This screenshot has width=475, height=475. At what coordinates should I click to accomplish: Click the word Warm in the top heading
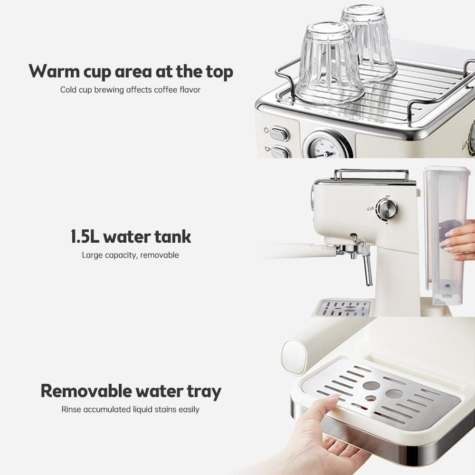(53, 72)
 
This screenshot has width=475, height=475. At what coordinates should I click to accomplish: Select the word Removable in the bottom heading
(85, 391)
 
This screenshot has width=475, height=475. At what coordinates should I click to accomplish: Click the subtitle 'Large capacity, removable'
(130, 255)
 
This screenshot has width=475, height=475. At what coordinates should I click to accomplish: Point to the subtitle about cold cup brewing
(130, 90)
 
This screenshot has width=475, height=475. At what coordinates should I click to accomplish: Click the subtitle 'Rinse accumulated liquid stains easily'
(130, 409)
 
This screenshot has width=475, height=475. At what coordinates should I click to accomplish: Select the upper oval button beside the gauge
(279, 134)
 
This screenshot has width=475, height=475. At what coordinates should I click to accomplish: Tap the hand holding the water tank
(458, 240)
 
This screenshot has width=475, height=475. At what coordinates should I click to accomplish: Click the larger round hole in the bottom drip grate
(395, 393)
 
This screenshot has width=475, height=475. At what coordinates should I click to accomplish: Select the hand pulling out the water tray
(323, 432)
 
